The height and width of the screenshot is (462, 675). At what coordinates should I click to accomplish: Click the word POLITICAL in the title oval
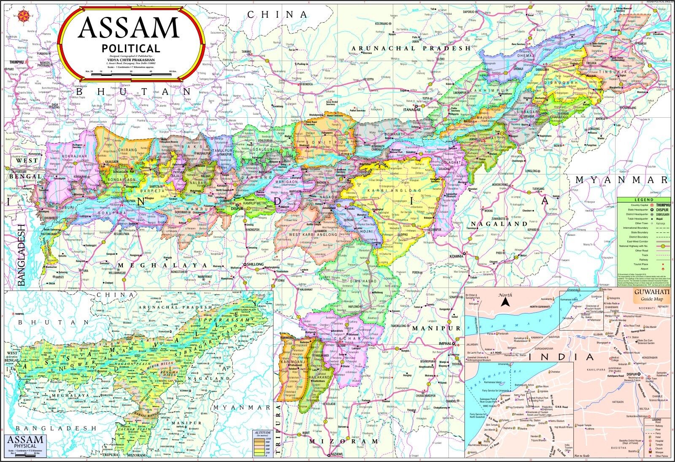(131, 49)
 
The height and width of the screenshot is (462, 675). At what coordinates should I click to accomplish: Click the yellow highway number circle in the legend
(663, 245)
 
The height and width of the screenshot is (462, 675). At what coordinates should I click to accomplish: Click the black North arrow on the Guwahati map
(505, 303)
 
